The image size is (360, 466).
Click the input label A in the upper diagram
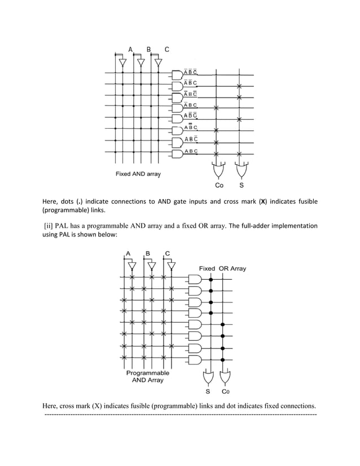(x=130, y=50)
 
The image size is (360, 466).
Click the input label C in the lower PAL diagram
(x=168, y=253)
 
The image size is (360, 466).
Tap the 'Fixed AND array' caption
(x=138, y=174)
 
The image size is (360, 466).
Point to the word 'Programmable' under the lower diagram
(x=147, y=373)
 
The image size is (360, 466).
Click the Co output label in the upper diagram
(x=219, y=185)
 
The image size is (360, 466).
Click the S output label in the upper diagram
(x=242, y=185)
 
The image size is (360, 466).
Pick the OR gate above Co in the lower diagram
(x=225, y=376)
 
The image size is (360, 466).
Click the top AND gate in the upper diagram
(x=177, y=74)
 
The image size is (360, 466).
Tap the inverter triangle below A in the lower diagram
(x=132, y=266)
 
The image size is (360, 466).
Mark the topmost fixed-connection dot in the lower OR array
(x=211, y=279)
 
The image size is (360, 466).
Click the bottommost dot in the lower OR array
(x=223, y=359)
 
